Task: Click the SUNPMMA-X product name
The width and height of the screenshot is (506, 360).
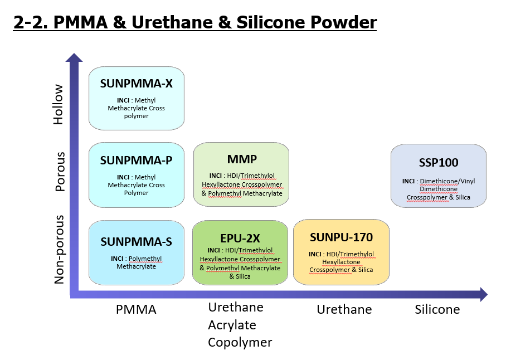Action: (136, 84)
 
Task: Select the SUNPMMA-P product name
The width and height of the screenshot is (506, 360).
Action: (136, 160)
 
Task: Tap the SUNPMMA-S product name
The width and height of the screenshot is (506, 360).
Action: (136, 242)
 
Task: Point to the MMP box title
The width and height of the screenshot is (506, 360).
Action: (242, 159)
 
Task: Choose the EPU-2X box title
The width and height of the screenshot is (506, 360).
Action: (240, 239)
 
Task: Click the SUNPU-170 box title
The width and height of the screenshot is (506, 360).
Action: (342, 237)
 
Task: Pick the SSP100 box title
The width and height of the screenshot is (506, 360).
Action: (439, 162)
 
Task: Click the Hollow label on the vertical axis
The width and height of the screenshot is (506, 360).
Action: (59, 104)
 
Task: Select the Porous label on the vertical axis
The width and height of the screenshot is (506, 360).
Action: (60, 172)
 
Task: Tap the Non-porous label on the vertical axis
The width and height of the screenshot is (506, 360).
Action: (60, 249)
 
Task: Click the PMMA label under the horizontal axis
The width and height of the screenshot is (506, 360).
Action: (136, 309)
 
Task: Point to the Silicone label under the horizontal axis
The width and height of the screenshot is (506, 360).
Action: (437, 309)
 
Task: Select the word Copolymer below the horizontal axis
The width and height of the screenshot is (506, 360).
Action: (240, 343)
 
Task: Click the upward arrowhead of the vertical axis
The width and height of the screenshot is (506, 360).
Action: (74, 57)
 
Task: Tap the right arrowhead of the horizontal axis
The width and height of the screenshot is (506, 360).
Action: (484, 294)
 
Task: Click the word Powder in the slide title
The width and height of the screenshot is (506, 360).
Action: (343, 22)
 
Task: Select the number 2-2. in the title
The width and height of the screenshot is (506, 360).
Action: (31, 23)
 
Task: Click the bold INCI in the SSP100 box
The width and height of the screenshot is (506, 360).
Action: (408, 181)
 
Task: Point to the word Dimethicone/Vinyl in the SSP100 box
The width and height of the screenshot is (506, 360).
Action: (447, 181)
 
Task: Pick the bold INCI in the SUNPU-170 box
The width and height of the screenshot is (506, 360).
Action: (315, 254)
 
